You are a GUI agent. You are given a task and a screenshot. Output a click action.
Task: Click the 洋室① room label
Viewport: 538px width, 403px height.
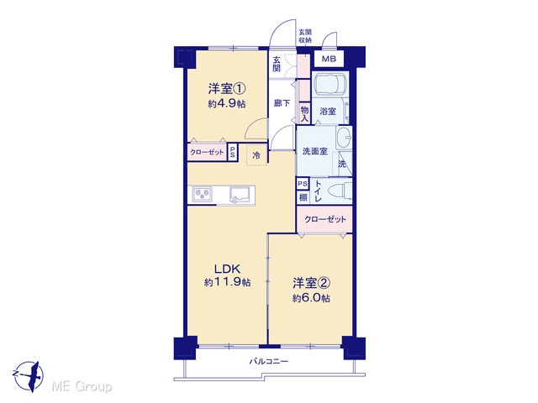(226, 89)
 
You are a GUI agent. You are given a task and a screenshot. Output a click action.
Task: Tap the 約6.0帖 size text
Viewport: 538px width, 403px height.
(311, 298)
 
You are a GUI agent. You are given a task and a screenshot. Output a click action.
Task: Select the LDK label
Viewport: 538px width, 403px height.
(227, 268)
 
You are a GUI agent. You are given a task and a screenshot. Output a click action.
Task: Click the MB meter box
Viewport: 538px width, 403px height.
(329, 59)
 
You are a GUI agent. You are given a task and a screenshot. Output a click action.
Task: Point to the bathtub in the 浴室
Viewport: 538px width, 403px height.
(330, 83)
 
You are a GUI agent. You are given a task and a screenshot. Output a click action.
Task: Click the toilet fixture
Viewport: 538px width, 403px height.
(340, 191)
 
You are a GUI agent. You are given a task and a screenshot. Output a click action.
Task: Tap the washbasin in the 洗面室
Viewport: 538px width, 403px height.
(344, 137)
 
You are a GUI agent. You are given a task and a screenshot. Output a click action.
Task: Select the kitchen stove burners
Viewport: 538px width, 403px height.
(202, 195)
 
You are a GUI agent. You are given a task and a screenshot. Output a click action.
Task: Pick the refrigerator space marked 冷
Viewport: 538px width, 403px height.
(256, 155)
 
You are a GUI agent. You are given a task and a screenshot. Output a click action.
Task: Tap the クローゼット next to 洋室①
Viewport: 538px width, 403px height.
(207, 152)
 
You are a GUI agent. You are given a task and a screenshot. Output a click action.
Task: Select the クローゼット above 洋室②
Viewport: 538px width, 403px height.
(324, 219)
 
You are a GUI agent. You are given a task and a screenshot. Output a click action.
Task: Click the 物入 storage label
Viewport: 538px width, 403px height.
(304, 113)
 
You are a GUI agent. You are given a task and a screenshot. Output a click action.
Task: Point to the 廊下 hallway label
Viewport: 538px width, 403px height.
(282, 102)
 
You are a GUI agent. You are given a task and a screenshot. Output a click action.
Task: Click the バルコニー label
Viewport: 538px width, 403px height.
(269, 361)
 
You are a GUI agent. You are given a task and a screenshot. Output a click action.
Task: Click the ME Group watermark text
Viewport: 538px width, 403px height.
(82, 387)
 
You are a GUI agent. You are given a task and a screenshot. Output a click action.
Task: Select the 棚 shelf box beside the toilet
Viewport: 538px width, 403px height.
(303, 197)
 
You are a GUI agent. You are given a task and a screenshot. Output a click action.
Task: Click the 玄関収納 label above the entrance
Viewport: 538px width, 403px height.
(304, 36)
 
